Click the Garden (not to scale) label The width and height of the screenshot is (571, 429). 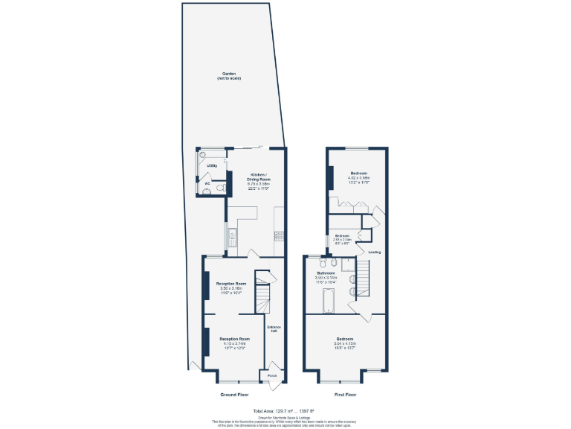coord(230,75)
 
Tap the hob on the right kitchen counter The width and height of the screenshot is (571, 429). coord(279,237)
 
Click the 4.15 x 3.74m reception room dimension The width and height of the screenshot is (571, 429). coord(234,343)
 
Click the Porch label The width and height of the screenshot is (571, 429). coord(272,376)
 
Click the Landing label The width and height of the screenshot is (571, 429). coord(374,252)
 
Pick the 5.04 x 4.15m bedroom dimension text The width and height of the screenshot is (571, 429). coord(344,343)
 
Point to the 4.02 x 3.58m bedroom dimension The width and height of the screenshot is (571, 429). coord(359,178)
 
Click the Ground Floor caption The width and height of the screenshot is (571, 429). coord(234,394)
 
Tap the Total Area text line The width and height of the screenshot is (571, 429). coord(283,410)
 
